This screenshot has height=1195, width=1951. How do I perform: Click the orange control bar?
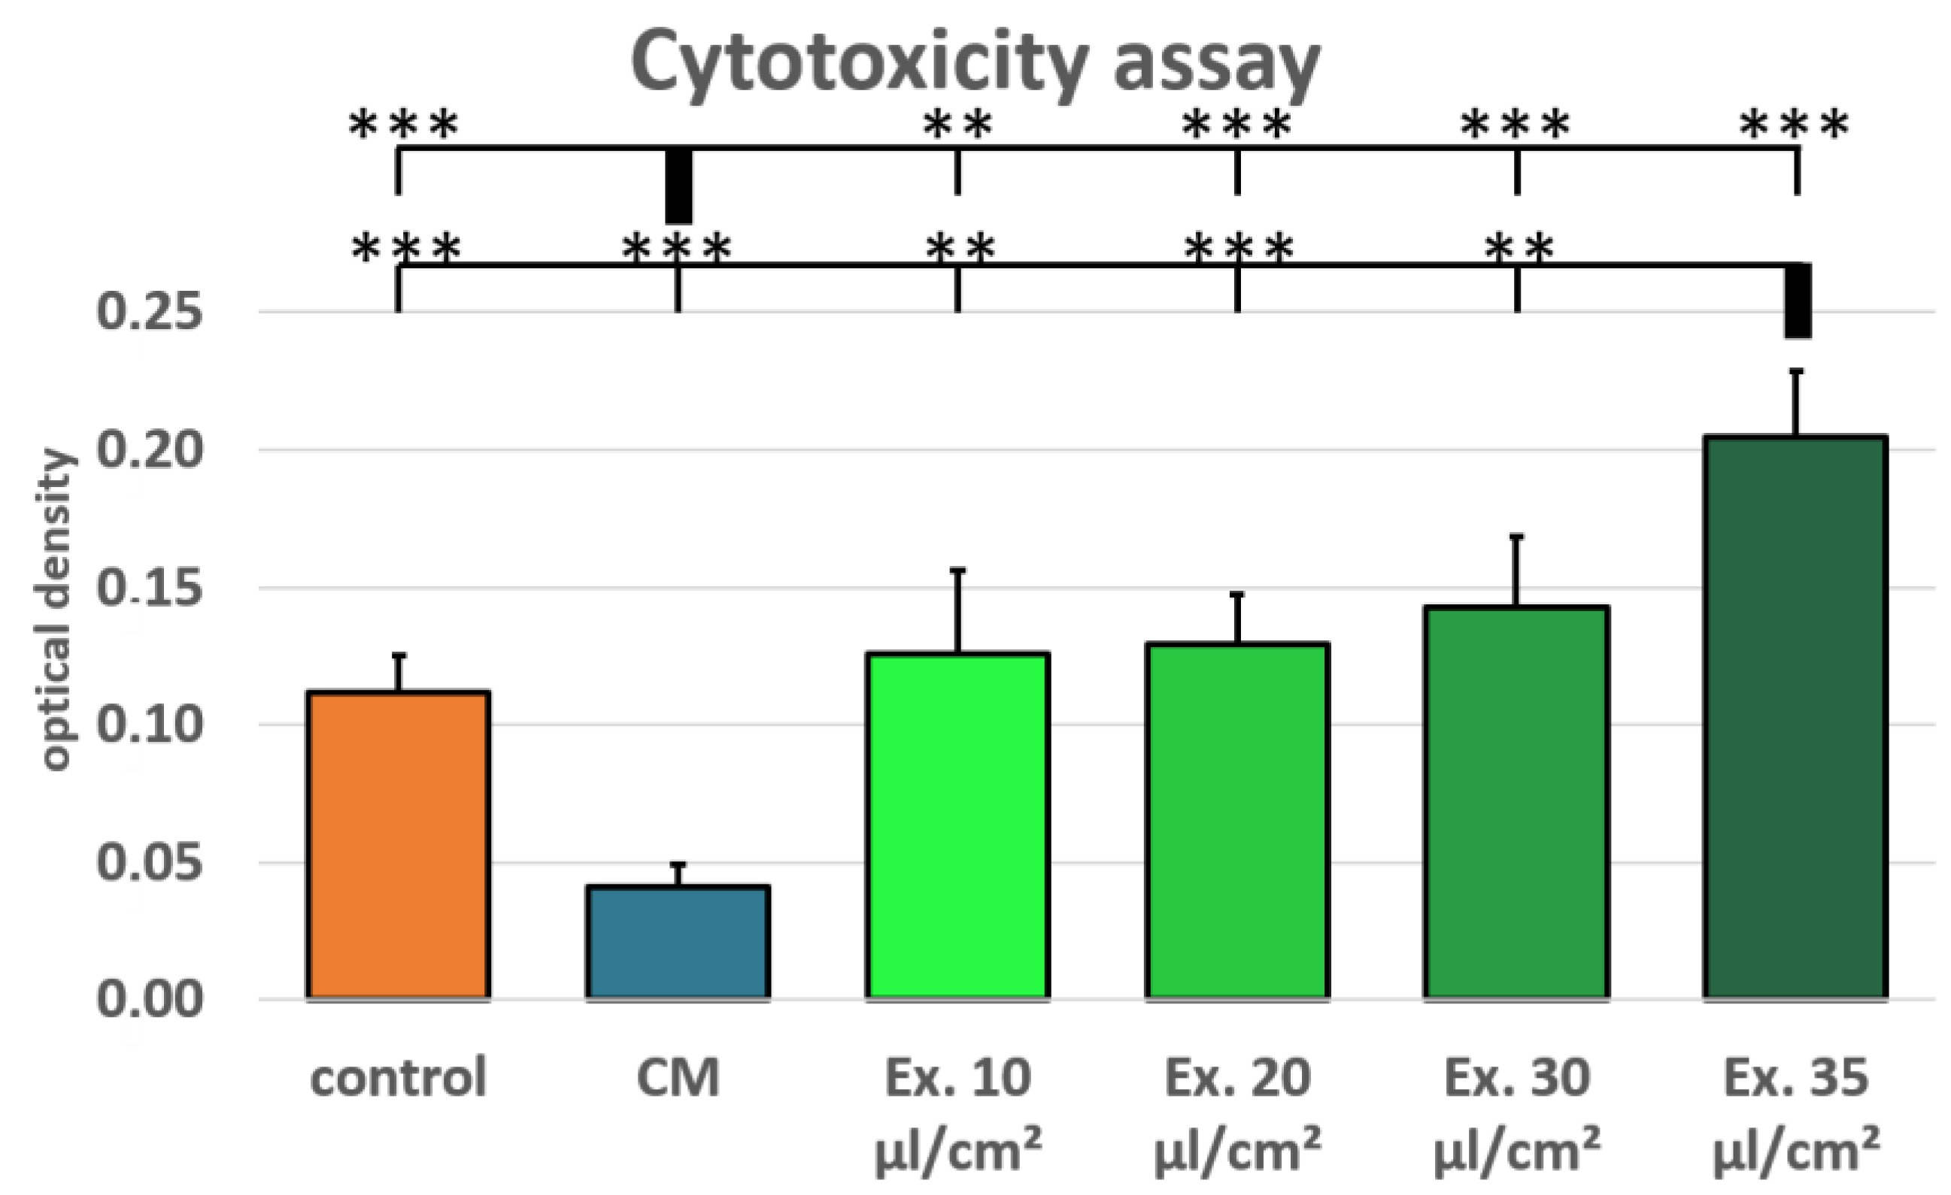399,845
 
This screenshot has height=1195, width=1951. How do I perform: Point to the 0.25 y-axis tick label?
150,312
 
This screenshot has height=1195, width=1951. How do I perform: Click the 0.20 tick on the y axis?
150,450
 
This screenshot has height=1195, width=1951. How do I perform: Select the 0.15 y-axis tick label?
150,588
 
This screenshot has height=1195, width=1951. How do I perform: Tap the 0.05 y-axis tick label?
150,862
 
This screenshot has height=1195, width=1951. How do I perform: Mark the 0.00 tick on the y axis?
150,1000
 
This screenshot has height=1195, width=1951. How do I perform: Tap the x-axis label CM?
678,1078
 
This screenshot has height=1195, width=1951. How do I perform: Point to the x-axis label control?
399,1078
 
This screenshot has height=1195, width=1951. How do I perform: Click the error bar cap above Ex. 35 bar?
1797,371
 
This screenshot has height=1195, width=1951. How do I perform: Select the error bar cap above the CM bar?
678,864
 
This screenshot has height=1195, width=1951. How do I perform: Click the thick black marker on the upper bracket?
678,186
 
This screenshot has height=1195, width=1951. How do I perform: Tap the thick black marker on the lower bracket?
1798,301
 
